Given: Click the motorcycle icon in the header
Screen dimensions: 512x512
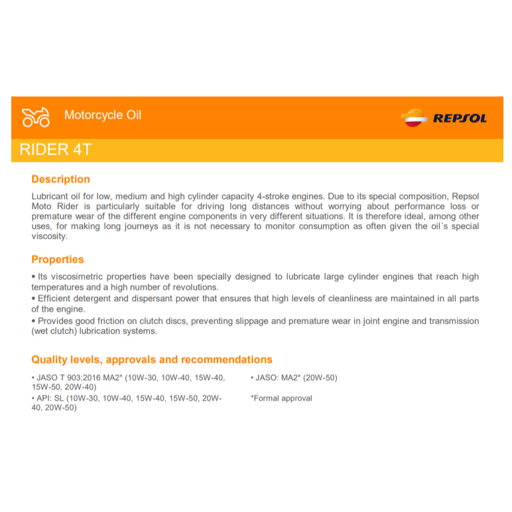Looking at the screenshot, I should (x=36, y=117).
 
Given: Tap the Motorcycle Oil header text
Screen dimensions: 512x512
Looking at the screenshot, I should (x=103, y=115).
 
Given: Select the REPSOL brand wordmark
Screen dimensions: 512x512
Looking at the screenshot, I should (x=460, y=119).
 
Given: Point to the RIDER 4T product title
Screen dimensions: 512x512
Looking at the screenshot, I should (x=55, y=150).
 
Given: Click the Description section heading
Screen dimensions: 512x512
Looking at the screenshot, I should (x=60, y=179).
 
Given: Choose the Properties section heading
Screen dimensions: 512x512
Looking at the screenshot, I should (x=58, y=259).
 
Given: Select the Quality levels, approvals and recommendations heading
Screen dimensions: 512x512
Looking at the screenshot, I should (x=152, y=359).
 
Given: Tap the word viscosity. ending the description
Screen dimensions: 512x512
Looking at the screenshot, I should (x=50, y=236).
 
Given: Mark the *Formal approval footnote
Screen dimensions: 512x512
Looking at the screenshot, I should (x=281, y=399).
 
